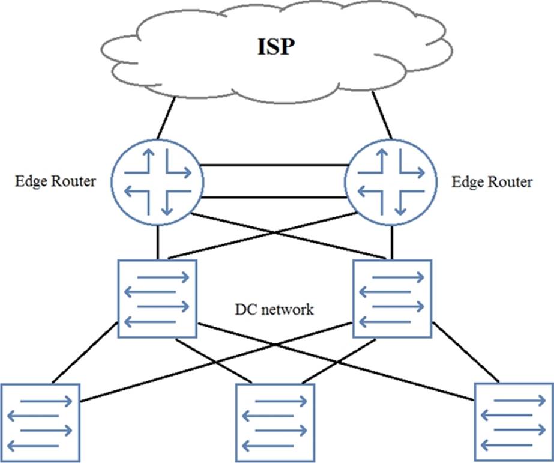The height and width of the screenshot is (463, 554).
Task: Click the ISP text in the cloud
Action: (x=277, y=47)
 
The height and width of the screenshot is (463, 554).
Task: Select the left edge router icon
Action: (x=158, y=181)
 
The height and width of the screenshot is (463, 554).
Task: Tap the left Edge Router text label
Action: (x=55, y=181)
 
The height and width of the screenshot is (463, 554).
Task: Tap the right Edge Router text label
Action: (x=492, y=181)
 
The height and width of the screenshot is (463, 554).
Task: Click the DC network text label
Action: (x=274, y=310)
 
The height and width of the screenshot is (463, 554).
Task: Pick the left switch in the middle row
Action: (x=157, y=298)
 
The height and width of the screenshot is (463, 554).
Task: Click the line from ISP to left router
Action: (x=166, y=117)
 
